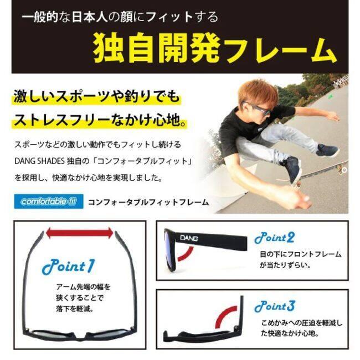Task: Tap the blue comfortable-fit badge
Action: pos(48,202)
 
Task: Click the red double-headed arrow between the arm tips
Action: pos(79,233)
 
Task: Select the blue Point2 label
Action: pos(274,238)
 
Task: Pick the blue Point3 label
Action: pos(274,306)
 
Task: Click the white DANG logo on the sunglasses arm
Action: pos(189,238)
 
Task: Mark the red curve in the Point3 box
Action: pos(224,316)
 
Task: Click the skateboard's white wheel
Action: pos(344,169)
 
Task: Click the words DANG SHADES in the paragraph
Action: pos(39,161)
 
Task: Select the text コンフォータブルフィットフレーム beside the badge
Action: pos(148,202)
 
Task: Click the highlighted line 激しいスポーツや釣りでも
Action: pos(97,96)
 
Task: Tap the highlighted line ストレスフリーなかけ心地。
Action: pos(100,120)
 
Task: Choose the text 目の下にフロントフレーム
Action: pos(301,254)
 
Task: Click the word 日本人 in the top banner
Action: pos(90,18)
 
